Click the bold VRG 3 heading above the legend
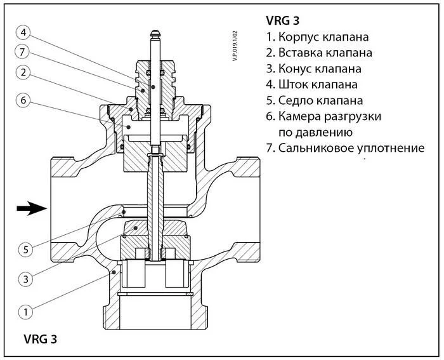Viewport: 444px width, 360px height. (284, 20)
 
